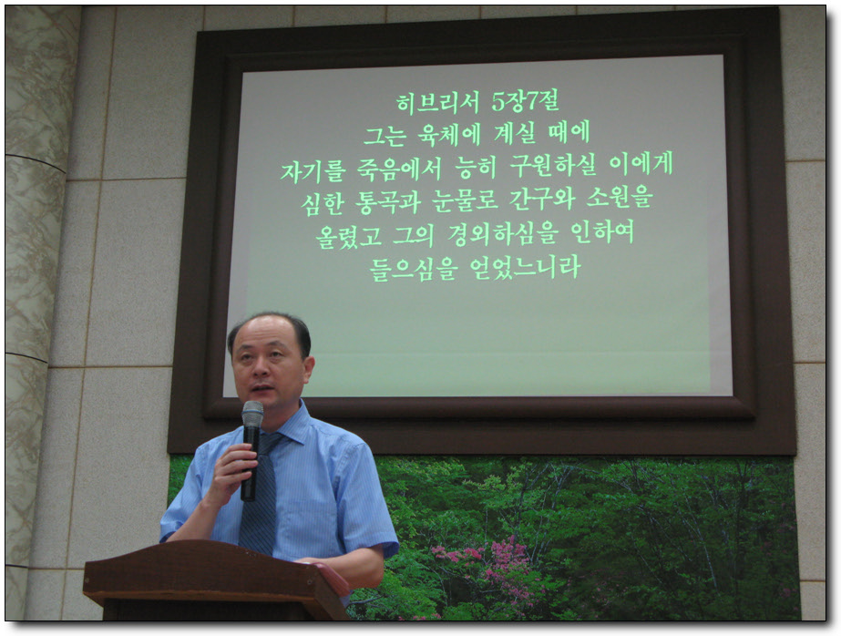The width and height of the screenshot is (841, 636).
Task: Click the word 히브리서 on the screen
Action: tap(437, 102)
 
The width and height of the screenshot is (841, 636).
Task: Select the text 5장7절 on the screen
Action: tap(526, 101)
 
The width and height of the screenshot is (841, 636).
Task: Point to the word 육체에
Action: tap(448, 134)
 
